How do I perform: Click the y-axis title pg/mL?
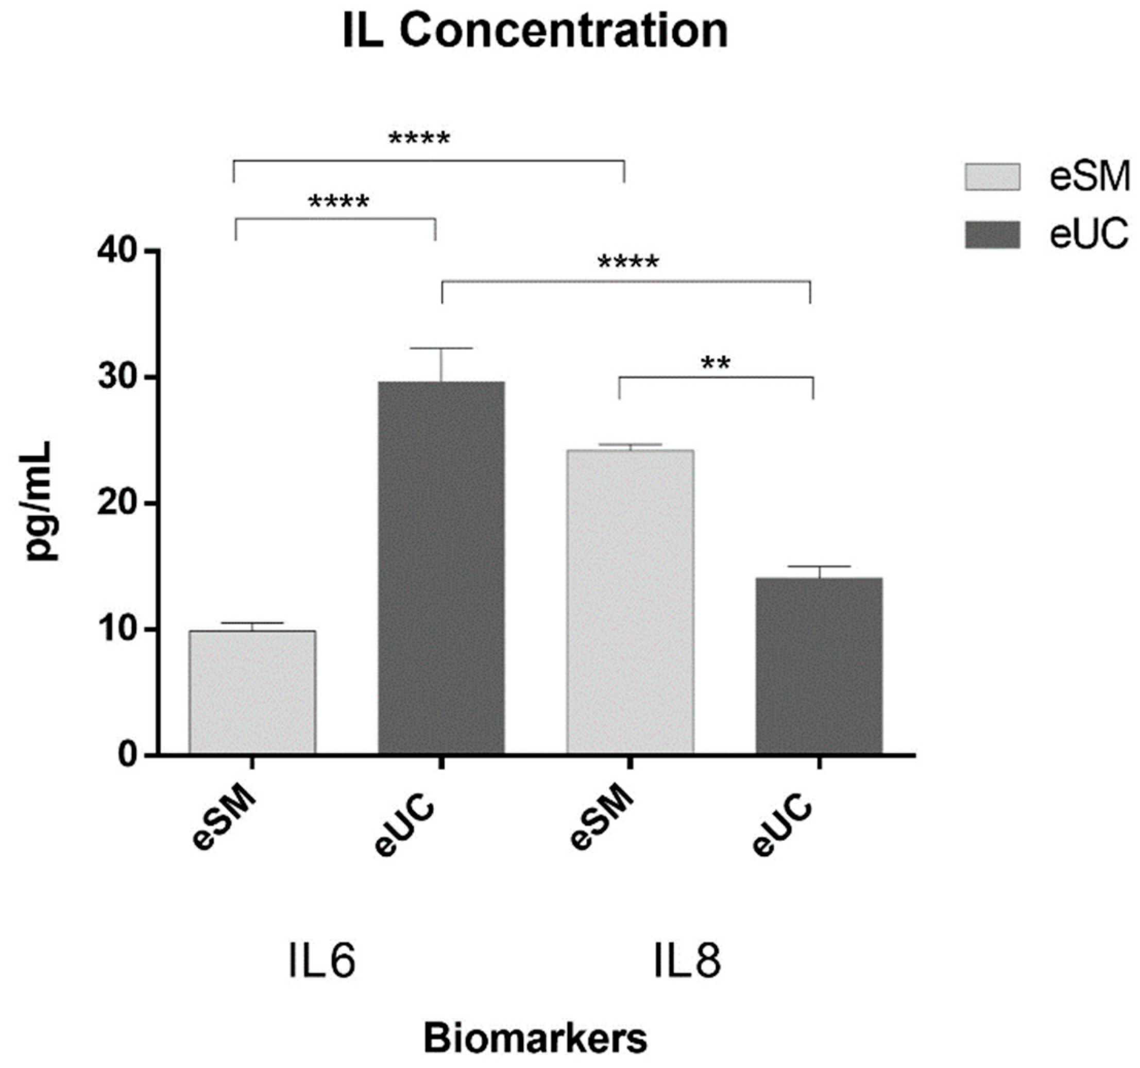40,501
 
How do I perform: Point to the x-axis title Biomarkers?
536,1038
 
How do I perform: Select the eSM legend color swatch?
992,177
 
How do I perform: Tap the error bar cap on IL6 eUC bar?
441,348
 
